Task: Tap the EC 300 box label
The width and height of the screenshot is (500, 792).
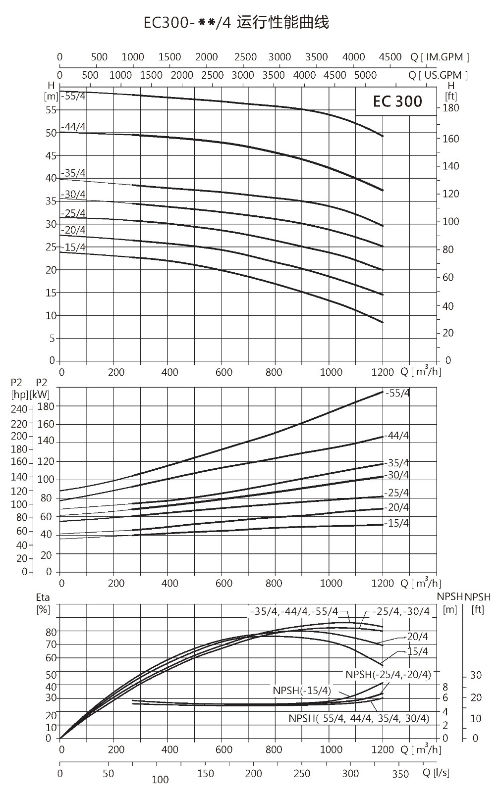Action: pos(397,101)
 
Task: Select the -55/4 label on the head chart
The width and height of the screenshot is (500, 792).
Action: pos(74,96)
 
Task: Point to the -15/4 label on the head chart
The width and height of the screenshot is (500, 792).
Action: pos(74,247)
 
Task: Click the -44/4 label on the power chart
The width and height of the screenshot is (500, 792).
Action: pos(396,436)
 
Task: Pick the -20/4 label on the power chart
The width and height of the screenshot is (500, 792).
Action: pos(396,508)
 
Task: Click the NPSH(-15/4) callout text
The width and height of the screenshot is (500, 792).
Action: pos(302,690)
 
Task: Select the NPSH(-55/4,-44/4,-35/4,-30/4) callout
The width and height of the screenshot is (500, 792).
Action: pos(359,718)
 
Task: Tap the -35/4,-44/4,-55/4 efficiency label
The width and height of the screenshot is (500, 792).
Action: pos(294,611)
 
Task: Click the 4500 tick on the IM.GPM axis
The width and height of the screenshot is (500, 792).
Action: pos(390,57)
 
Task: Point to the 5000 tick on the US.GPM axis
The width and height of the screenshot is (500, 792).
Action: pos(365,75)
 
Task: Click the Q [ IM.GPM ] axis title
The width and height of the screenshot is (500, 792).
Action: pos(440,57)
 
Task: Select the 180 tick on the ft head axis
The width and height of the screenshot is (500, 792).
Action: pos(451,108)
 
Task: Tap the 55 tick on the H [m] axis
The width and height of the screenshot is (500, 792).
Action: pos(51,110)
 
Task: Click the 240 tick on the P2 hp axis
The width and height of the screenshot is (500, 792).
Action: pos(19,409)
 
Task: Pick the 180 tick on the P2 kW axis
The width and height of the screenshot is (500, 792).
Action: pos(46,406)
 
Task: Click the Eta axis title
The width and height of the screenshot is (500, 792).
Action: pos(43,597)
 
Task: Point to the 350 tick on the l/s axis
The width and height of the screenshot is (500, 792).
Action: pos(400,774)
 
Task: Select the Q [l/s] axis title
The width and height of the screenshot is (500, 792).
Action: pos(436,773)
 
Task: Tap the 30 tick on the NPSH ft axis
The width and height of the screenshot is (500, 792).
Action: pos(476,675)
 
